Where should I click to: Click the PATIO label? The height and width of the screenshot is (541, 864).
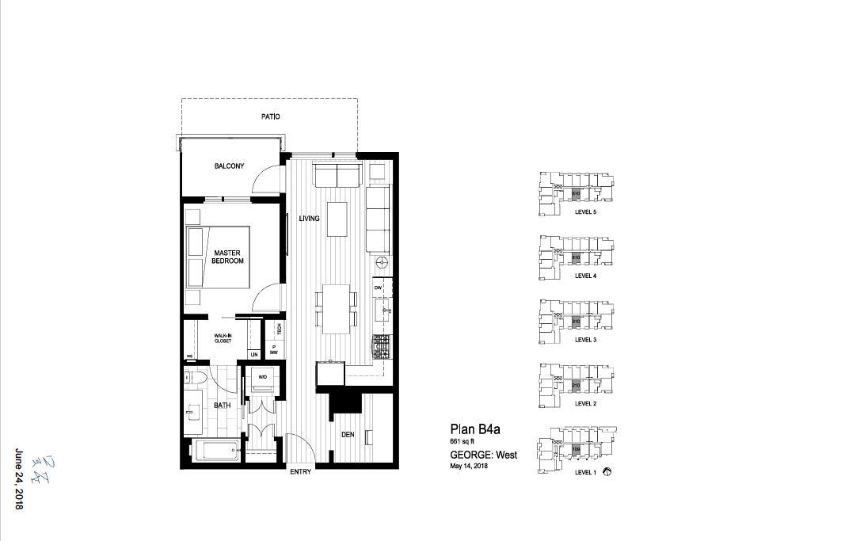270,116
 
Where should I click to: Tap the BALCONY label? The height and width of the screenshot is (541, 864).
229,166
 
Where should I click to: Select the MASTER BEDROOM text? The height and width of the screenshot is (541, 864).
228,257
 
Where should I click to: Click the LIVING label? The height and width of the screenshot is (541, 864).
309,218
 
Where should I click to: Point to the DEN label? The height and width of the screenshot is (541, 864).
348,434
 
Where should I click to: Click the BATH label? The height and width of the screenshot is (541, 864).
223,406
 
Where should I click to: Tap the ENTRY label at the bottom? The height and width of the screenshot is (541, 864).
300,473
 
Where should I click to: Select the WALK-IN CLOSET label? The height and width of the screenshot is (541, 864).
223,338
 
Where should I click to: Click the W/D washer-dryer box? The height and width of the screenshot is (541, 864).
262,378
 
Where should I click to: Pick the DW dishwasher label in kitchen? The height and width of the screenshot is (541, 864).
378,287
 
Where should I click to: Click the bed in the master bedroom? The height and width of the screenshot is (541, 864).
219,257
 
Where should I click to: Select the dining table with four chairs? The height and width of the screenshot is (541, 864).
337,309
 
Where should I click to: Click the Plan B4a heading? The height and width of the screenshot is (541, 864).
474,429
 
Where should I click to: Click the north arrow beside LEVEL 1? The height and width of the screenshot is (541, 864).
607,472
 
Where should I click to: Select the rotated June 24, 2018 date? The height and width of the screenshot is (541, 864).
19,479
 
